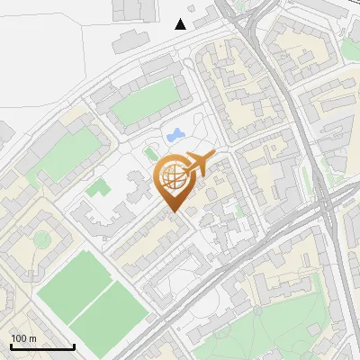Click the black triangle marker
pos(181,24)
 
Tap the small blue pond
pos(174,135)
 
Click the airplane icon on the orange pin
pos(196,164)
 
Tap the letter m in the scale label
pos(33,338)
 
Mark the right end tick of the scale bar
pos(74,346)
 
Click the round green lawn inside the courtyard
pos(41,239)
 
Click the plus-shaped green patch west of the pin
pos(97,188)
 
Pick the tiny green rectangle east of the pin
pos(238,208)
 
